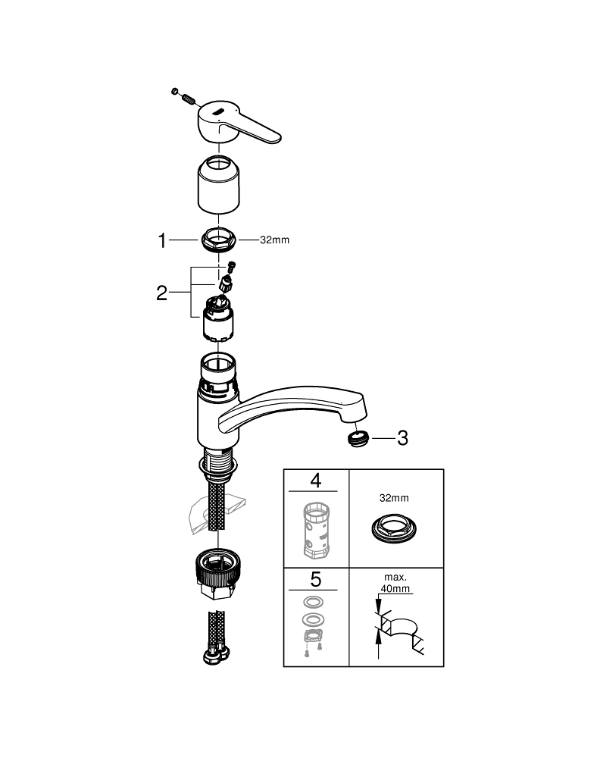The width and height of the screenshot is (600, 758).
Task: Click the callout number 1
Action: point(162,240)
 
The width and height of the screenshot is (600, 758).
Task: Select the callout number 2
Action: point(162,293)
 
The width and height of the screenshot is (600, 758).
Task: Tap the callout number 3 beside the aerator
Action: point(402,438)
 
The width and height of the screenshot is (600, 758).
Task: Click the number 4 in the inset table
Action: point(315,481)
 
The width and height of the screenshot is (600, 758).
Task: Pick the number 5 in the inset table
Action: point(315,579)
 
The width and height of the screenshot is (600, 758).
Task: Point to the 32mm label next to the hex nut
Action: point(274,240)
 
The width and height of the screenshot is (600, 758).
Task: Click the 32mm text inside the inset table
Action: point(394,498)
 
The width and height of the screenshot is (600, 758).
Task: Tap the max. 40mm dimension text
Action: point(395,583)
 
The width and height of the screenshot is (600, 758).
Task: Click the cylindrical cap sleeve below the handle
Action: point(219,185)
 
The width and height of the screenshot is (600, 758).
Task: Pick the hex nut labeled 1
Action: point(218,240)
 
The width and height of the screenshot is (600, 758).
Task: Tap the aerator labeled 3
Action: point(358,439)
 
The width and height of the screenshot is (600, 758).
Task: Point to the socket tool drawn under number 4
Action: point(316,529)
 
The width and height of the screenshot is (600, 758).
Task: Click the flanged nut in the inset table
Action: point(394,529)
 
